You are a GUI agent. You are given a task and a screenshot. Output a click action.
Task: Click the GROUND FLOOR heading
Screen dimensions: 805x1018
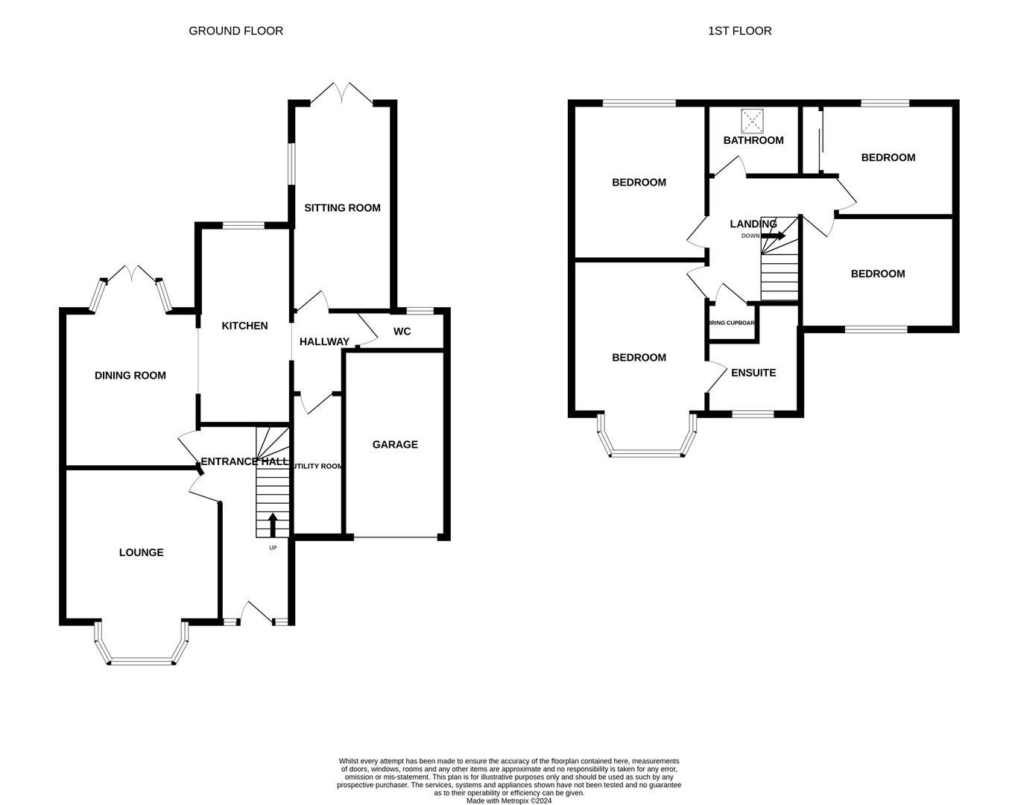click(x=235, y=31)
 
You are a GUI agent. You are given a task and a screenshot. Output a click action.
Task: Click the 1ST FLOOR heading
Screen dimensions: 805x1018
click(x=739, y=31)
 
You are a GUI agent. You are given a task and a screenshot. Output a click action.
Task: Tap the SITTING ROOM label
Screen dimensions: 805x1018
click(x=342, y=208)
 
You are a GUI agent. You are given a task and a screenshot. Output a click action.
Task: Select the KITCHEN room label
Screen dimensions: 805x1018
click(x=244, y=326)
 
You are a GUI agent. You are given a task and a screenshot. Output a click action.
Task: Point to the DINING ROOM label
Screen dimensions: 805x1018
click(x=130, y=376)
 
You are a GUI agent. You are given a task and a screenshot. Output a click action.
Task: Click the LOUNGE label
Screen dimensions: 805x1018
click(x=141, y=552)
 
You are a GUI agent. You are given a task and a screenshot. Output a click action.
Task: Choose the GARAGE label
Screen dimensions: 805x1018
click(x=395, y=444)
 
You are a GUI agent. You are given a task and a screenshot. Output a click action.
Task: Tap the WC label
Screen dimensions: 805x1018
click(x=402, y=331)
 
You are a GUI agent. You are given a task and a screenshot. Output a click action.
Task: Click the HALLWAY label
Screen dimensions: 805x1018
click(x=324, y=341)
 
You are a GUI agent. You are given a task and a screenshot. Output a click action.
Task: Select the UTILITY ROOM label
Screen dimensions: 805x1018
click(x=317, y=466)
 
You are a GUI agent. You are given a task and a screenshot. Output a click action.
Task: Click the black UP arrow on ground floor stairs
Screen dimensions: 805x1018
click(x=273, y=524)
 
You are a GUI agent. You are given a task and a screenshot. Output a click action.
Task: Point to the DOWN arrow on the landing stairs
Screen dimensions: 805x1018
click(x=774, y=236)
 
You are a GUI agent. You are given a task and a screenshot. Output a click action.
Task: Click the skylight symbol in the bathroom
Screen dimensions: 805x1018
click(x=753, y=119)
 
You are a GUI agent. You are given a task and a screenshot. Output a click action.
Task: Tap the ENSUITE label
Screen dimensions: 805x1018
click(x=753, y=373)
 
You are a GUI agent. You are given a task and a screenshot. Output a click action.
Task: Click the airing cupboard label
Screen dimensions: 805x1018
click(x=733, y=323)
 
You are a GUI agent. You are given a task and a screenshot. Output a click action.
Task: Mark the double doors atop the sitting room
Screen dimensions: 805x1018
click(x=342, y=93)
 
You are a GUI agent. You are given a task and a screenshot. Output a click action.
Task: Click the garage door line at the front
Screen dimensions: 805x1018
click(x=395, y=537)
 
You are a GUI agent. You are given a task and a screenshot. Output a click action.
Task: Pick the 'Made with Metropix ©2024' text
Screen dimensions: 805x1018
click(x=509, y=801)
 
